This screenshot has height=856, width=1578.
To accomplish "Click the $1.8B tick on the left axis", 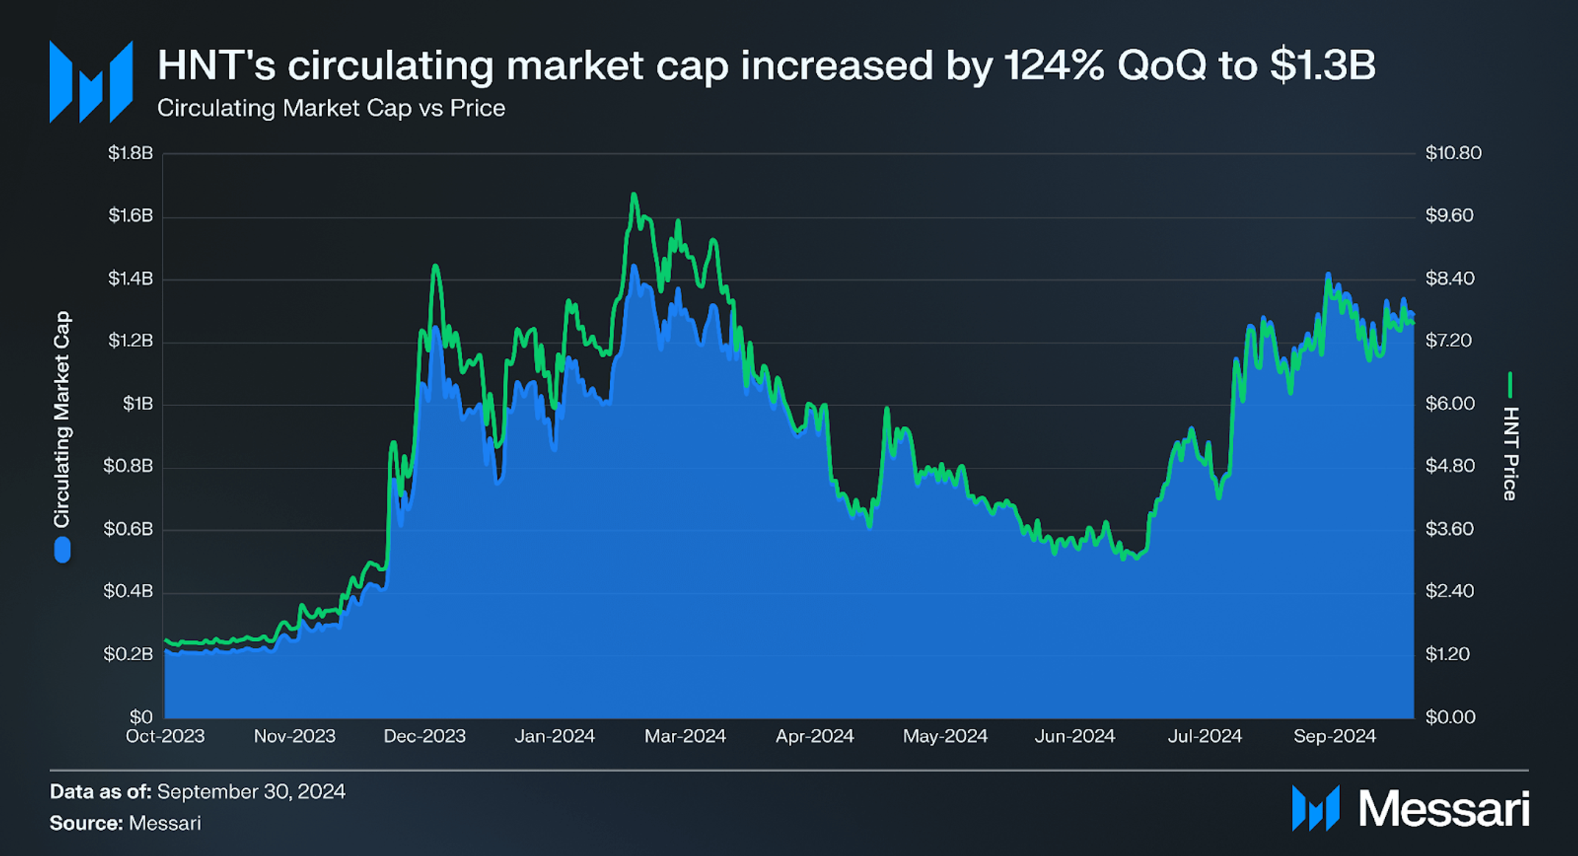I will point(130,153).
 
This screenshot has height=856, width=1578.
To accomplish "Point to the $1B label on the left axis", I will point(138,404).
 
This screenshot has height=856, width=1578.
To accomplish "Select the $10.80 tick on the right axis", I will point(1453,153).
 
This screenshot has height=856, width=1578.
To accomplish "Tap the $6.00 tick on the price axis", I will point(1450,404).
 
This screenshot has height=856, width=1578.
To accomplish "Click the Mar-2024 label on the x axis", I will point(685,736).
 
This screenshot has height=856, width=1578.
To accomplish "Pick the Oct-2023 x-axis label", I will point(165,736).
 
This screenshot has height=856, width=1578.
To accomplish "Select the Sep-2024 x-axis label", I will point(1334,736).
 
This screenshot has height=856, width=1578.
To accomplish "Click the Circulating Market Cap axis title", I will point(62,419).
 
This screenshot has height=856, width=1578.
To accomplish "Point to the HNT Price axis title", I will point(1510,453).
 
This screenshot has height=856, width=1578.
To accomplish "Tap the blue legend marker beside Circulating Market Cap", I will point(63,550).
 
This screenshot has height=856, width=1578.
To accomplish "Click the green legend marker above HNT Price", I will point(1510,384).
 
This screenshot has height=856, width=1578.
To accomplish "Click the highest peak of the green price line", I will point(633,194).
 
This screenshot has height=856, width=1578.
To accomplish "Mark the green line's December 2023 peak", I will point(435,266).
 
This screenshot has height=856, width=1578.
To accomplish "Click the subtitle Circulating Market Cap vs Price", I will point(331,108).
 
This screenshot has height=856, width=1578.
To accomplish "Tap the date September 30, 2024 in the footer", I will point(251,791).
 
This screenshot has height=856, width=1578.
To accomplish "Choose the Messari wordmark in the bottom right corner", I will point(1443,809).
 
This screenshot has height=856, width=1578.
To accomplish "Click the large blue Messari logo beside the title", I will point(91,82).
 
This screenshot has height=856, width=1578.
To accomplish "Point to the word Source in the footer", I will point(85,823).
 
